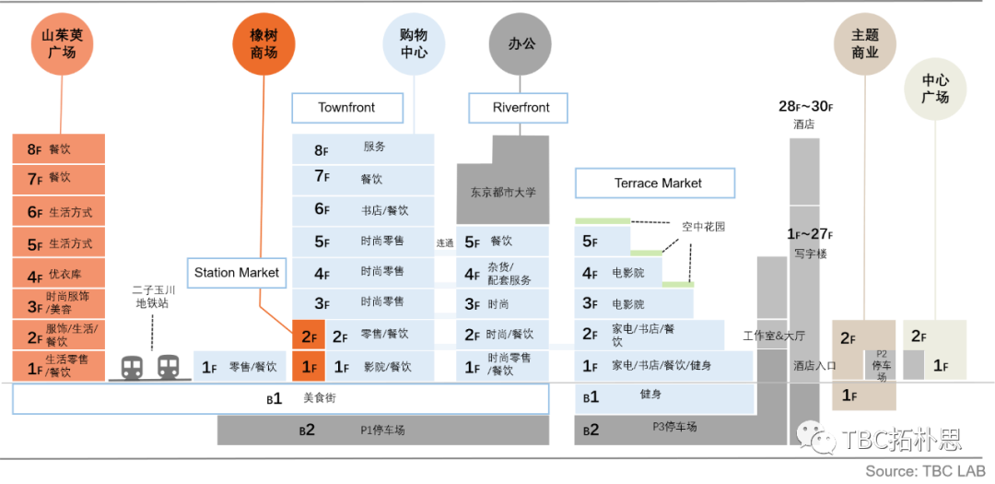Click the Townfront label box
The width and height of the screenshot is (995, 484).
click(x=346, y=108)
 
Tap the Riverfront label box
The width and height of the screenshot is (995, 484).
click(x=521, y=108)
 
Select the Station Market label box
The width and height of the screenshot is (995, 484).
click(x=238, y=273)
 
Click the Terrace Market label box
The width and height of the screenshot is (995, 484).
click(x=655, y=183)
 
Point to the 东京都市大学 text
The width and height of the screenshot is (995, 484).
click(x=503, y=193)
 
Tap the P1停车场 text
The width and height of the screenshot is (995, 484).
click(x=382, y=430)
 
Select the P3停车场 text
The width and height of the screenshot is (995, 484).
click(x=674, y=427)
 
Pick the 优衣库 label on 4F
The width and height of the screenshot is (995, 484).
click(x=65, y=275)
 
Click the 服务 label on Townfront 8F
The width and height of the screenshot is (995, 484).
click(x=374, y=147)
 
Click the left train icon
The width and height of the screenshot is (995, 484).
click(x=133, y=368)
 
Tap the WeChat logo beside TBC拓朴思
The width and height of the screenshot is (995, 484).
click(x=817, y=437)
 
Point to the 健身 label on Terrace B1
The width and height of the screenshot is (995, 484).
click(x=650, y=395)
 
